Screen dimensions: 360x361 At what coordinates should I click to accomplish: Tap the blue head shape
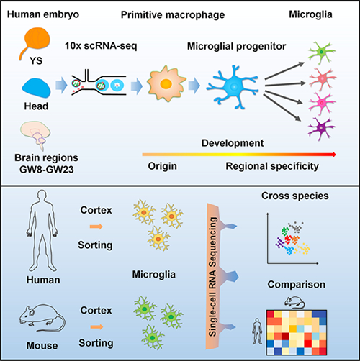[x=36, y=88]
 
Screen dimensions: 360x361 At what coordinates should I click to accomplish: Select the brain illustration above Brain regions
[x=35, y=135]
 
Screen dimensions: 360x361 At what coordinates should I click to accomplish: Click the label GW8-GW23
[x=47, y=170]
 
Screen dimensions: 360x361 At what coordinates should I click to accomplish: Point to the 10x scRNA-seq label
[x=101, y=45]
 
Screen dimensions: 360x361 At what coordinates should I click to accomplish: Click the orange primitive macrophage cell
[x=166, y=83]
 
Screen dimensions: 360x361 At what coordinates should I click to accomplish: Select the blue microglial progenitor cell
[x=233, y=87]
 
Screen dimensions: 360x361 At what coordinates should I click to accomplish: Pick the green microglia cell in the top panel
[x=322, y=52]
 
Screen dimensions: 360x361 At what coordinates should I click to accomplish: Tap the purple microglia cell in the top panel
[x=322, y=129]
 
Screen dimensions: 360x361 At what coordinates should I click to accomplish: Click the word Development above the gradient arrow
[x=233, y=143]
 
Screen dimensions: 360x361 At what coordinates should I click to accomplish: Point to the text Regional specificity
[x=272, y=166]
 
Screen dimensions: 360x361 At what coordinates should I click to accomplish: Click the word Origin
[x=163, y=166]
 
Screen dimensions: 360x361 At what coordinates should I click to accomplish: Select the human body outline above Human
[x=42, y=231]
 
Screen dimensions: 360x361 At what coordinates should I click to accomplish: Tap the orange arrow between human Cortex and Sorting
[x=96, y=227]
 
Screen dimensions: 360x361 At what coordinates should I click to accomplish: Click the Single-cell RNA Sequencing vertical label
[x=213, y=276]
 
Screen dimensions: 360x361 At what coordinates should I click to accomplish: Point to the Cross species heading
[x=295, y=196]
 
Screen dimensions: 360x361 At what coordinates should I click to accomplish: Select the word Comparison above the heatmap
[x=297, y=285]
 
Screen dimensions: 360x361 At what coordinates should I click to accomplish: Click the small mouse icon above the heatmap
[x=294, y=302]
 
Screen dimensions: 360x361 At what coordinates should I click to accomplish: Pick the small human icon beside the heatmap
[x=257, y=332]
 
